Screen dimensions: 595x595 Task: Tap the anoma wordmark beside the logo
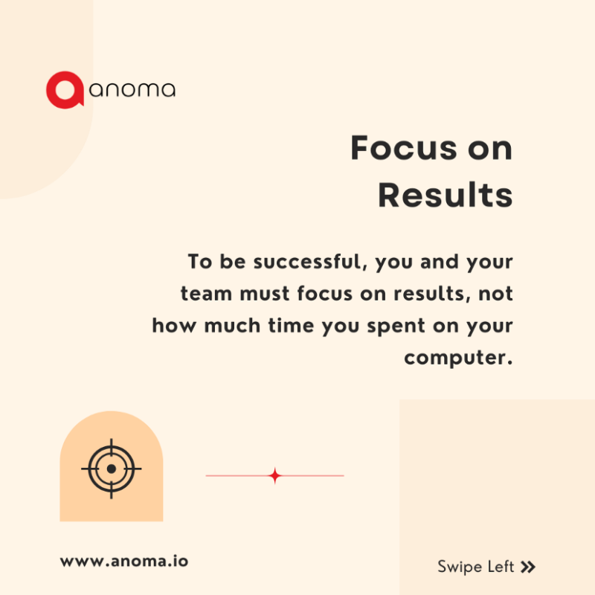click(132, 91)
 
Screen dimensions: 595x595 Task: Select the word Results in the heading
click(445, 195)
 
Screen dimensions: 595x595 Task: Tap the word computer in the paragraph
click(457, 358)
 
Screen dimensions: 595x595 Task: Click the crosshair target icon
click(111, 469)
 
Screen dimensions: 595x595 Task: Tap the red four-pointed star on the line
click(274, 475)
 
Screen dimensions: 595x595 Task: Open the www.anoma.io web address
click(123, 561)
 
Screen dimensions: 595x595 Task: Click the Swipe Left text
click(475, 567)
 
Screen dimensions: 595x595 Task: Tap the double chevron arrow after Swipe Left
click(528, 567)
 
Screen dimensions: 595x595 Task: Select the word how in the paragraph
click(170, 325)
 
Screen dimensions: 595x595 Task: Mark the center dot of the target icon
click(111, 469)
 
